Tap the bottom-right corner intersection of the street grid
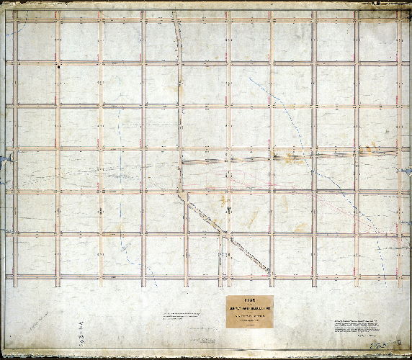click(398, 276)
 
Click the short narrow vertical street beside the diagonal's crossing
click(220, 256)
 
